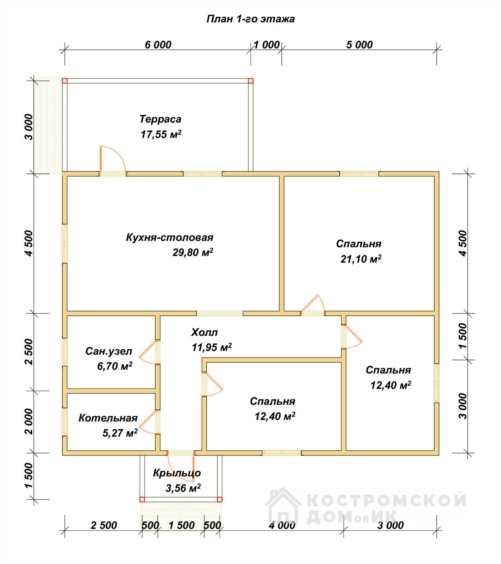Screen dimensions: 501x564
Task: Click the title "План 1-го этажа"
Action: coord(250,19)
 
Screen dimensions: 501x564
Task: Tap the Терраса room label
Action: coord(160,119)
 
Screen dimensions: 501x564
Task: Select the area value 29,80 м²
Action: coord(193,252)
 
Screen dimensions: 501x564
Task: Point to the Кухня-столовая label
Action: coord(170,237)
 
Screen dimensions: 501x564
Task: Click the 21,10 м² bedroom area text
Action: coord(361,259)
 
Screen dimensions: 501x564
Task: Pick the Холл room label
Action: coord(204,332)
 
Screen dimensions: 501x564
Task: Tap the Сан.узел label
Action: coord(109,351)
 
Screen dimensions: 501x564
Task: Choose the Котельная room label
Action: coord(108,418)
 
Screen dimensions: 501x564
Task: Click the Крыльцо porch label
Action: coord(177,473)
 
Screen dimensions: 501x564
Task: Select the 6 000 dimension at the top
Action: coord(158,45)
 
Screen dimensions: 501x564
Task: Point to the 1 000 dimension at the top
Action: coord(267,45)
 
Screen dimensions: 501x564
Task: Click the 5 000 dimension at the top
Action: coord(359,45)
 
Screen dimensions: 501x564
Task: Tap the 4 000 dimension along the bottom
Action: coord(282,525)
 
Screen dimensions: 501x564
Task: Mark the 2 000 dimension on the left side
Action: coord(29,421)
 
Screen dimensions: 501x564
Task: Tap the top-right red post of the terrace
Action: coord(250,81)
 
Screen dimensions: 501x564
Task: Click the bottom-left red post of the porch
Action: coord(142,499)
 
